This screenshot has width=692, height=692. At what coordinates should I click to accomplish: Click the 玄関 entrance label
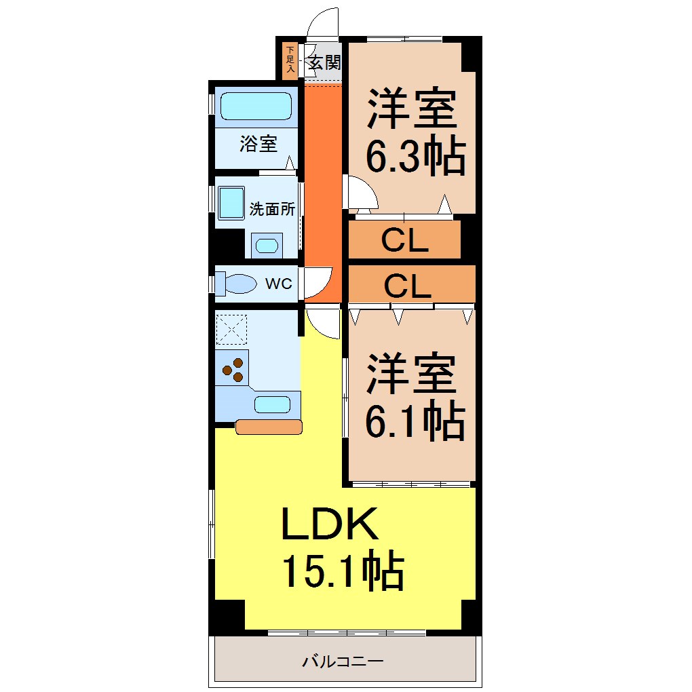324,63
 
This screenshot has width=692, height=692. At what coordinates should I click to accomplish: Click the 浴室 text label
258,144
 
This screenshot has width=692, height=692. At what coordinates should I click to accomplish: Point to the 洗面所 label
272,209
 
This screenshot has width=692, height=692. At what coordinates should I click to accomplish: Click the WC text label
279,284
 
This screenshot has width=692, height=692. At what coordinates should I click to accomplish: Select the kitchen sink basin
272,404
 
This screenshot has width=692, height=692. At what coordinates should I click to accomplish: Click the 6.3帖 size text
415,158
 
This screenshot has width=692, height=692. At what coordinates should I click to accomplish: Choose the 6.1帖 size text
415,422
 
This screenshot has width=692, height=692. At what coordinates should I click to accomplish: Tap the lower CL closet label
407,286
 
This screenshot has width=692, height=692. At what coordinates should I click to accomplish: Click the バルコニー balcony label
343,660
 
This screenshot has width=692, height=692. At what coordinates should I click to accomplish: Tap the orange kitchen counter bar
269,427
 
